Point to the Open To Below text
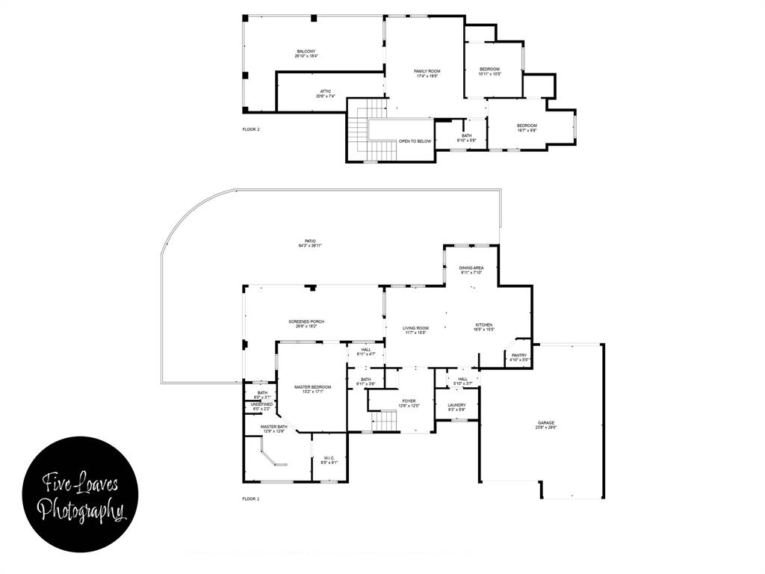coord(415,141)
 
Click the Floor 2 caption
coord(251,129)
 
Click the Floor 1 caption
coord(251,499)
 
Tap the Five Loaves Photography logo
coord(80,497)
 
